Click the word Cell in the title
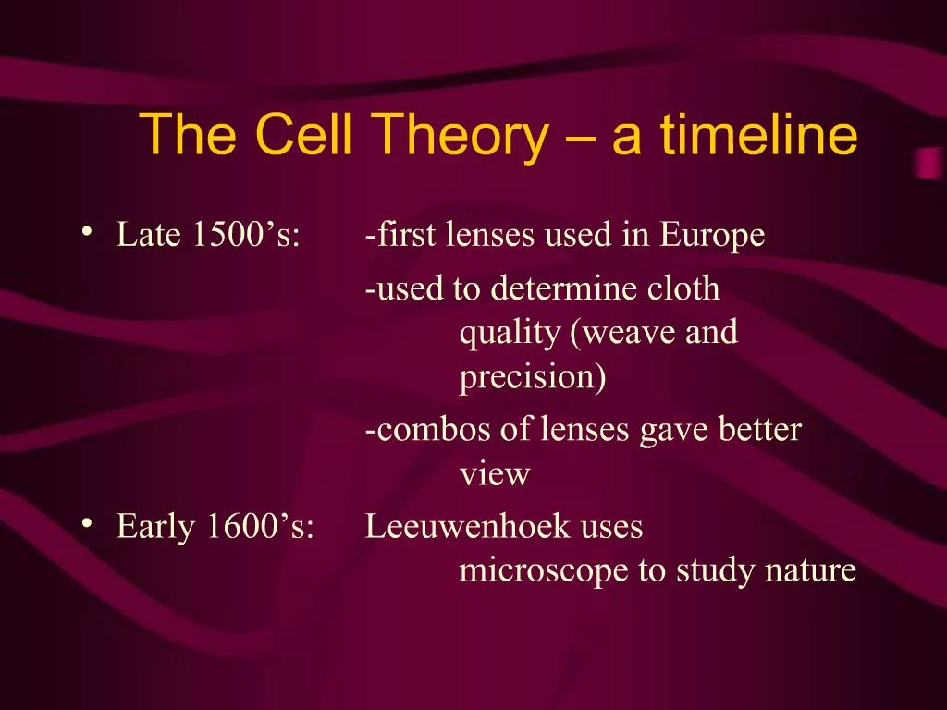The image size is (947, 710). coord(303,133)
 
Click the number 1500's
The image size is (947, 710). coord(246,234)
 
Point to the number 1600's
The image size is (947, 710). coord(260,526)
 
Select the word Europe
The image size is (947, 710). coord(712,236)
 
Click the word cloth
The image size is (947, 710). coord(683,288)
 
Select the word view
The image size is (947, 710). coord(495,474)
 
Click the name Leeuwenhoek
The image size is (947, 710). coord(467,526)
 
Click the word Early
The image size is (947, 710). coord(155,527)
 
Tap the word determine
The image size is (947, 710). coord(563,288)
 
